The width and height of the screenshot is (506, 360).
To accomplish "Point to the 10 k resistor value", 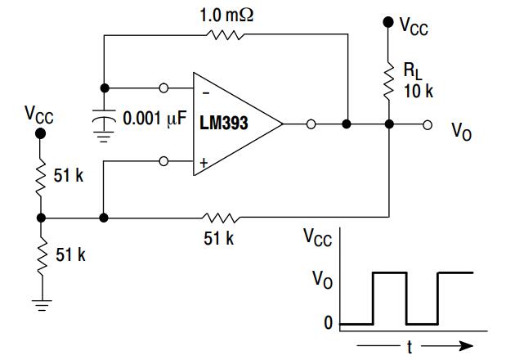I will coord(418,90).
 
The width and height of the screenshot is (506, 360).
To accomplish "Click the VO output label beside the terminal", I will coord(461,132).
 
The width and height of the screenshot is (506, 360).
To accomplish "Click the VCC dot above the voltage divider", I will coord(41,133).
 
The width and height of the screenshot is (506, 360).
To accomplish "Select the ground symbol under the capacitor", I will coord(103,138).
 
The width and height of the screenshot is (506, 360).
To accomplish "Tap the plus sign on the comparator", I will coord(204,162).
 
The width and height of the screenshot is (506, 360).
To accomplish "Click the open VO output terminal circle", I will coord(428,124).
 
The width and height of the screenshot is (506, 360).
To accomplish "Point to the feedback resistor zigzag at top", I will coord(226,35).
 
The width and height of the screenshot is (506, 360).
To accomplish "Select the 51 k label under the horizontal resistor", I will coord(219,238).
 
